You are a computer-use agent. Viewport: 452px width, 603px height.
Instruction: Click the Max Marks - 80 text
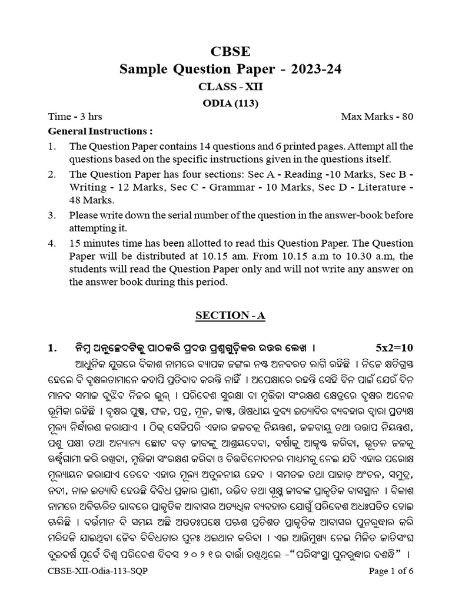[x=377, y=117]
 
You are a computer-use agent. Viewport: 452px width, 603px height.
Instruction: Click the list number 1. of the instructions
[x=52, y=146]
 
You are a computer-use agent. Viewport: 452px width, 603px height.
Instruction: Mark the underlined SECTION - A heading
[x=230, y=316]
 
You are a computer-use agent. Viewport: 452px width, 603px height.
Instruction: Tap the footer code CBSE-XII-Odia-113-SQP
[x=93, y=587]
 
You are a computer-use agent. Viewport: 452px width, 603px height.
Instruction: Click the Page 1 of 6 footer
[x=391, y=587]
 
